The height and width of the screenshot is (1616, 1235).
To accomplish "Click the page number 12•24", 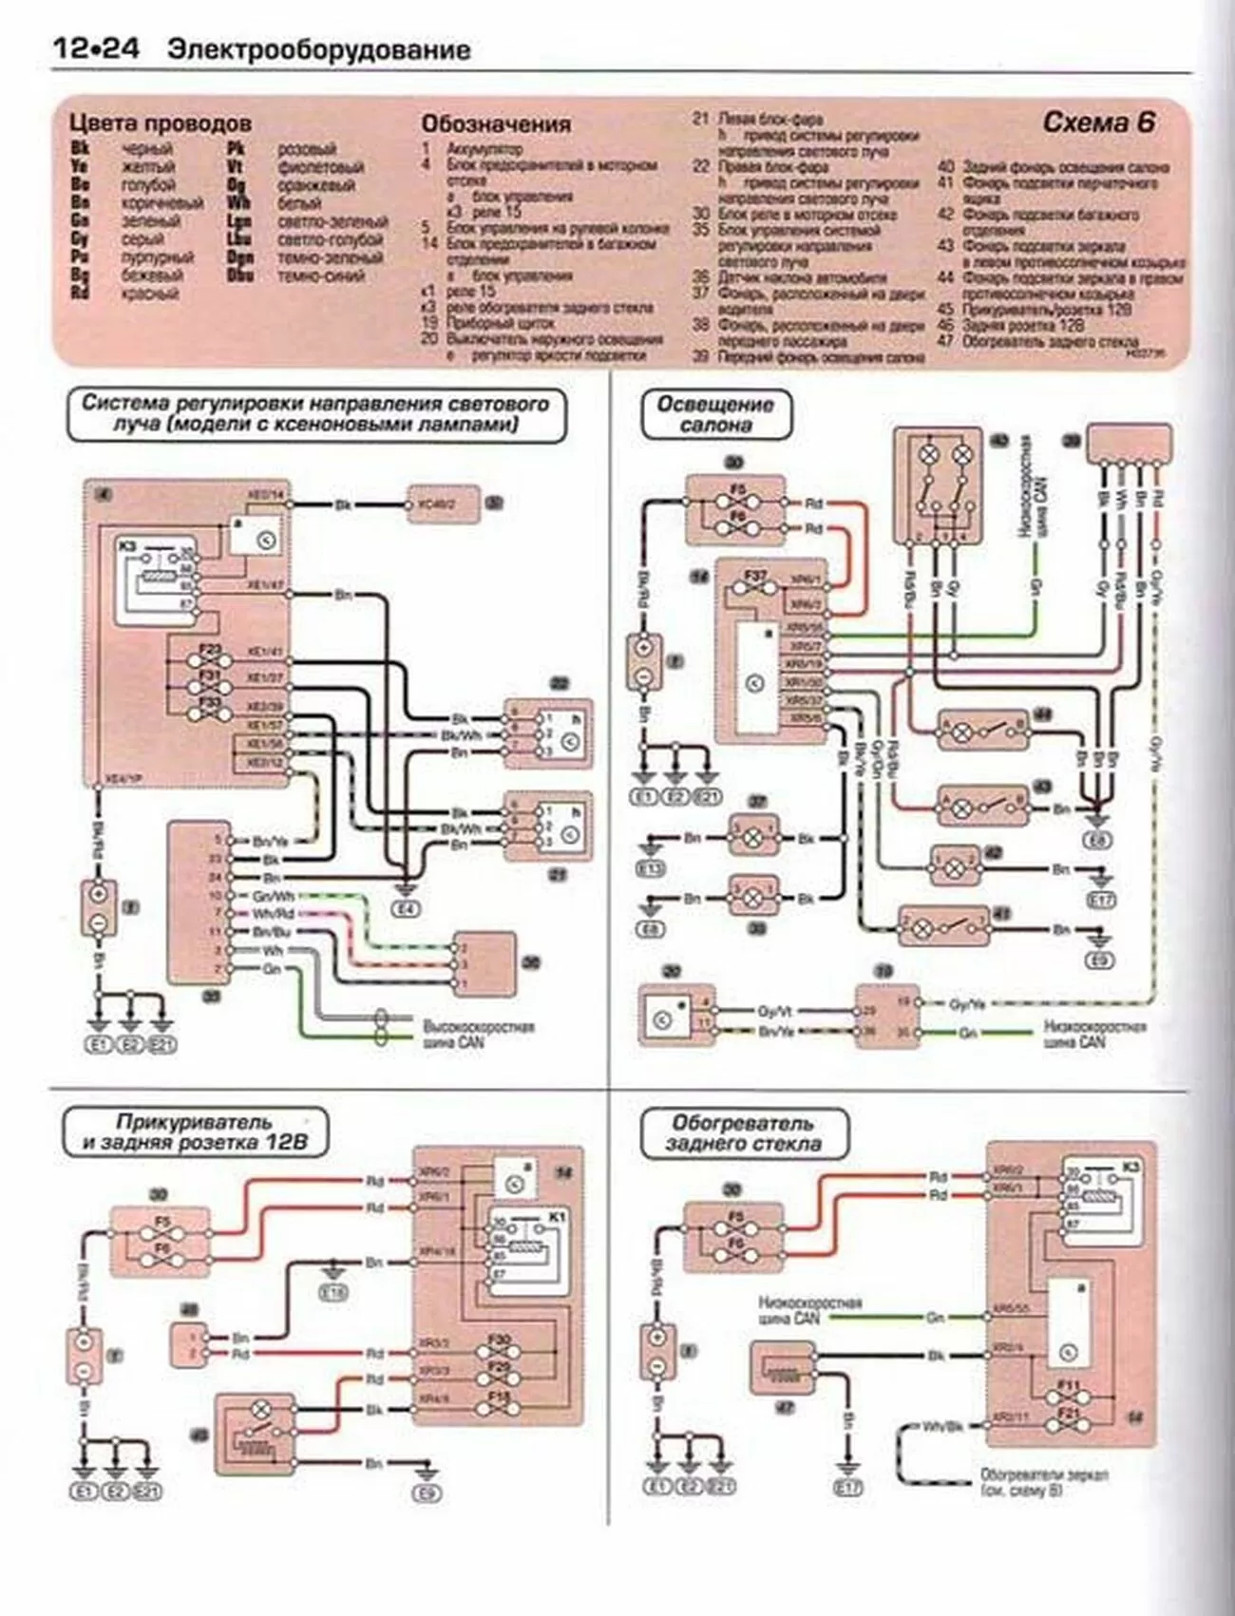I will [x=95, y=48].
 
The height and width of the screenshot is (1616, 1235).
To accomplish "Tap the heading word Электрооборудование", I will [x=318, y=50].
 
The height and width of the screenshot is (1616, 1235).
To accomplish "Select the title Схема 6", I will [x=1099, y=123].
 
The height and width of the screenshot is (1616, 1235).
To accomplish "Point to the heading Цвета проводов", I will [x=161, y=124].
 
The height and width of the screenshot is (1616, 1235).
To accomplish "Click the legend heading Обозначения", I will [x=496, y=124].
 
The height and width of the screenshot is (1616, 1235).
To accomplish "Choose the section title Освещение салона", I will [x=715, y=415].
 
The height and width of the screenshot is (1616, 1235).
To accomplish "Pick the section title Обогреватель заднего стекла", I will [x=744, y=1133].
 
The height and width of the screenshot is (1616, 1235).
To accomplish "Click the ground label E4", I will [x=406, y=909].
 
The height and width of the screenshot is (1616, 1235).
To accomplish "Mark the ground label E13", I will [x=652, y=868].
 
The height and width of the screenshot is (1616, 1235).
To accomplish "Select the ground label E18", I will [x=333, y=1291].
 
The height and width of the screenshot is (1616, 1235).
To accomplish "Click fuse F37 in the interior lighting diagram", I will [x=755, y=577].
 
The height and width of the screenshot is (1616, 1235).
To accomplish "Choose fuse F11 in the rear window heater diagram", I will [x=1068, y=1387].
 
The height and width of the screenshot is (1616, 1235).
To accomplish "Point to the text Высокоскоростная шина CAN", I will [x=478, y=1035].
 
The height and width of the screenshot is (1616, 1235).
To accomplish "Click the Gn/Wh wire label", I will [x=274, y=896].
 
